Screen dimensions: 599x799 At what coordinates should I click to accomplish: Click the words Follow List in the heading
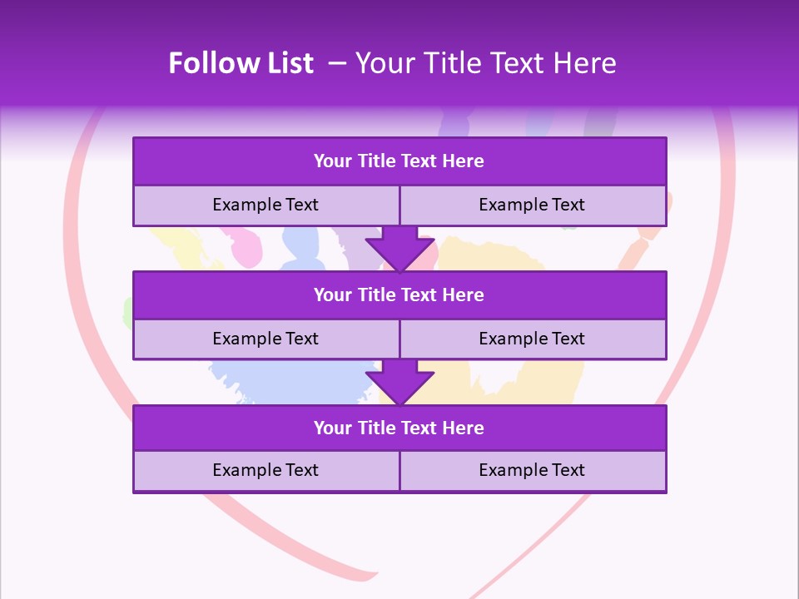tap(241, 63)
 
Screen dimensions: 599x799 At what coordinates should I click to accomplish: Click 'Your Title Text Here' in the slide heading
tap(486, 63)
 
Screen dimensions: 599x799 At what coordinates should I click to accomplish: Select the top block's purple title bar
tap(399, 161)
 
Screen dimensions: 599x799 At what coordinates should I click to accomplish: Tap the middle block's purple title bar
tap(399, 295)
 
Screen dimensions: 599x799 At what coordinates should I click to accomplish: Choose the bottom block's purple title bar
tap(399, 428)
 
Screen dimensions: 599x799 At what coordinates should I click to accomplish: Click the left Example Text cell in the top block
tap(266, 205)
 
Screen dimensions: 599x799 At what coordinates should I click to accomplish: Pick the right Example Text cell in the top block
tap(532, 205)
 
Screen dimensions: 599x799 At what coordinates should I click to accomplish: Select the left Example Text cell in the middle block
tap(266, 339)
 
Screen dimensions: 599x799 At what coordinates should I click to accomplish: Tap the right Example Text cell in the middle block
tap(532, 339)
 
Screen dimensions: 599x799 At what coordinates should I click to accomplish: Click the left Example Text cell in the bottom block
tap(266, 470)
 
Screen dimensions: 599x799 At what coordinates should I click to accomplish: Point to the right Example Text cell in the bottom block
tap(532, 470)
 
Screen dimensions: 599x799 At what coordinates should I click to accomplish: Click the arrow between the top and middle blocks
tap(399, 248)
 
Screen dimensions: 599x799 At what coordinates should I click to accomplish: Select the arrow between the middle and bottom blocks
tap(399, 382)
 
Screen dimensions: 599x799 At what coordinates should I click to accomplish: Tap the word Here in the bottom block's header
tap(464, 428)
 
